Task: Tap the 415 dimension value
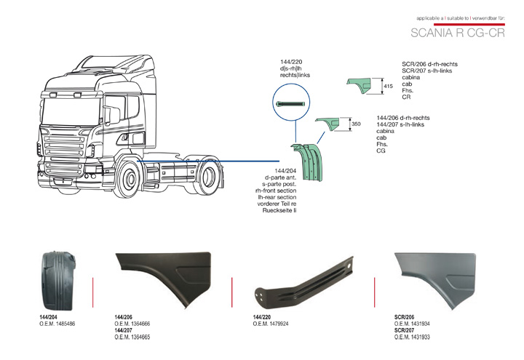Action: pyautogui.click(x=388, y=87)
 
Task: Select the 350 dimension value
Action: pyautogui.click(x=356, y=124)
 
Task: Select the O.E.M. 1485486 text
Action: pyautogui.click(x=57, y=324)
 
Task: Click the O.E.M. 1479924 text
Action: pyautogui.click(x=271, y=324)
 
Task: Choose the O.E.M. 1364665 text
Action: pyautogui.click(x=132, y=337)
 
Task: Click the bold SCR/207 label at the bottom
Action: pyautogui.click(x=404, y=331)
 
